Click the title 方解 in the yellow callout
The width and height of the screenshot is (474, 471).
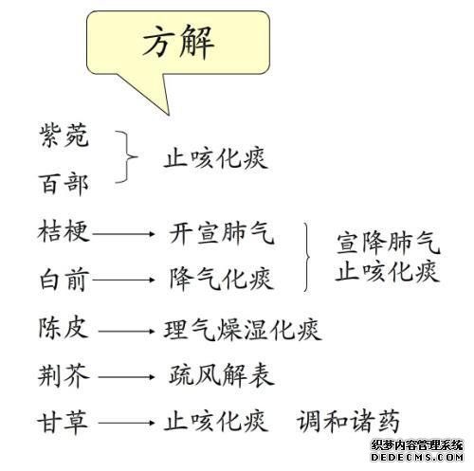tap(178, 42)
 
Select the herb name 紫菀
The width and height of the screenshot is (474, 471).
tap(64, 136)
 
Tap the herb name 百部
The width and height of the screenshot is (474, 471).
tap(64, 184)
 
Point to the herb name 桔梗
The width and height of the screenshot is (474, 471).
tap(64, 231)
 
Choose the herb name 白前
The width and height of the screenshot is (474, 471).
tap(64, 280)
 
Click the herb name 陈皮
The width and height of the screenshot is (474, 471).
tap(64, 328)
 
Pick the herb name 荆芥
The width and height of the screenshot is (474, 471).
tap(64, 376)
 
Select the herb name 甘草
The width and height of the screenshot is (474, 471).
tap(63, 423)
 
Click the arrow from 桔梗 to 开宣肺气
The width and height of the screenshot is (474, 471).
tap(123, 234)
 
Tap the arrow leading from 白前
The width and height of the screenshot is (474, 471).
tap(123, 280)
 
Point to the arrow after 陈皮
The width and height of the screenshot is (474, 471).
tap(126, 332)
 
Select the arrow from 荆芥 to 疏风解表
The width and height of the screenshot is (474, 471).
tap(126, 377)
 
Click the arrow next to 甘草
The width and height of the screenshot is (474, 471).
tap(126, 423)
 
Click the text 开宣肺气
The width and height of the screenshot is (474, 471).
tap(222, 233)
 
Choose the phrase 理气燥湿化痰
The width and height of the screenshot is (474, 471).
tap(243, 330)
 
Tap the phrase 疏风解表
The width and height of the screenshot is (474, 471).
tap(222, 376)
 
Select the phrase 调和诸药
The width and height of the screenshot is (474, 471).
tap(348, 422)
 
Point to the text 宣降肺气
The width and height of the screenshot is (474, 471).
tap(389, 244)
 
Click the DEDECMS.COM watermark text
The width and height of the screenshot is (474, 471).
tap(417, 457)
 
